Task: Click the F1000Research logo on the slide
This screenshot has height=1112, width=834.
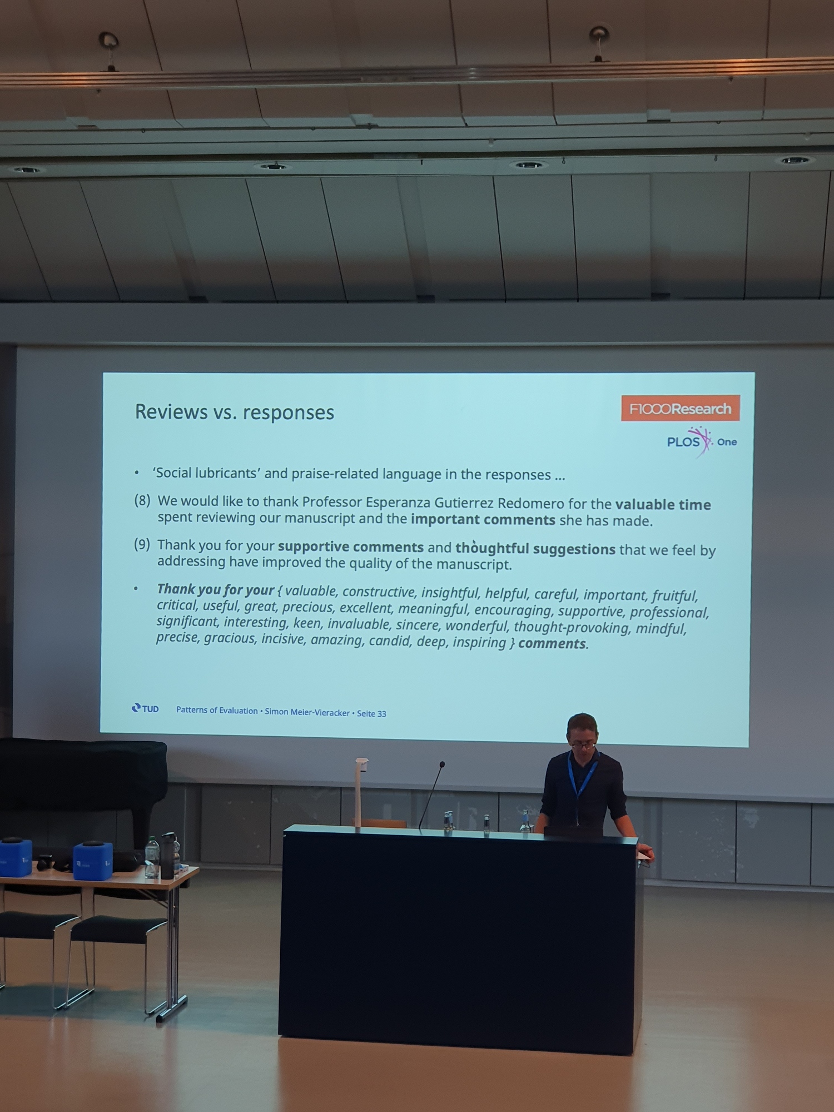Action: coord(680,408)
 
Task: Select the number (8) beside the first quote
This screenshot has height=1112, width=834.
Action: coord(142,500)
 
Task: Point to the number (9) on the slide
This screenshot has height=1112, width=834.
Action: coord(142,544)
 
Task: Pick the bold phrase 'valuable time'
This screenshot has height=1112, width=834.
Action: coord(663,504)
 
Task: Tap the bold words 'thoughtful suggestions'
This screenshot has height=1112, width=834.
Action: coord(535,548)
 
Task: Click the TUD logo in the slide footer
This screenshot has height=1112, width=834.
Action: coord(145,708)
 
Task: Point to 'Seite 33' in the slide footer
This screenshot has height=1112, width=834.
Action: coord(371,713)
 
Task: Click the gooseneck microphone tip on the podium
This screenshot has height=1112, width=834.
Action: coord(442,765)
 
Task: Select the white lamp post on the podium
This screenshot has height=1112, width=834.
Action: coord(359,793)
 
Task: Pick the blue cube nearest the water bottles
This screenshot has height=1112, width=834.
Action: coord(93,861)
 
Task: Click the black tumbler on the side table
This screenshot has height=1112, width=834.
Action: coord(167,856)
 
